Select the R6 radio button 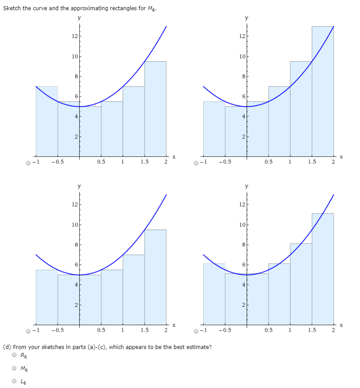(x=15, y=355)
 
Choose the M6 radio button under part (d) (x=15, y=368)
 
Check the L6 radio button (x=15, y=381)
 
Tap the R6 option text (x=24, y=355)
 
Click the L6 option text (x=24, y=381)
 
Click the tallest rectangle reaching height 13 (x=323, y=89)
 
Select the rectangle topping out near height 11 (x=323, y=266)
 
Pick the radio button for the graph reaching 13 (x=196, y=163)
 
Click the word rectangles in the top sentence (x=122, y=9)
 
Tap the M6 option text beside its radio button (x=24, y=368)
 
